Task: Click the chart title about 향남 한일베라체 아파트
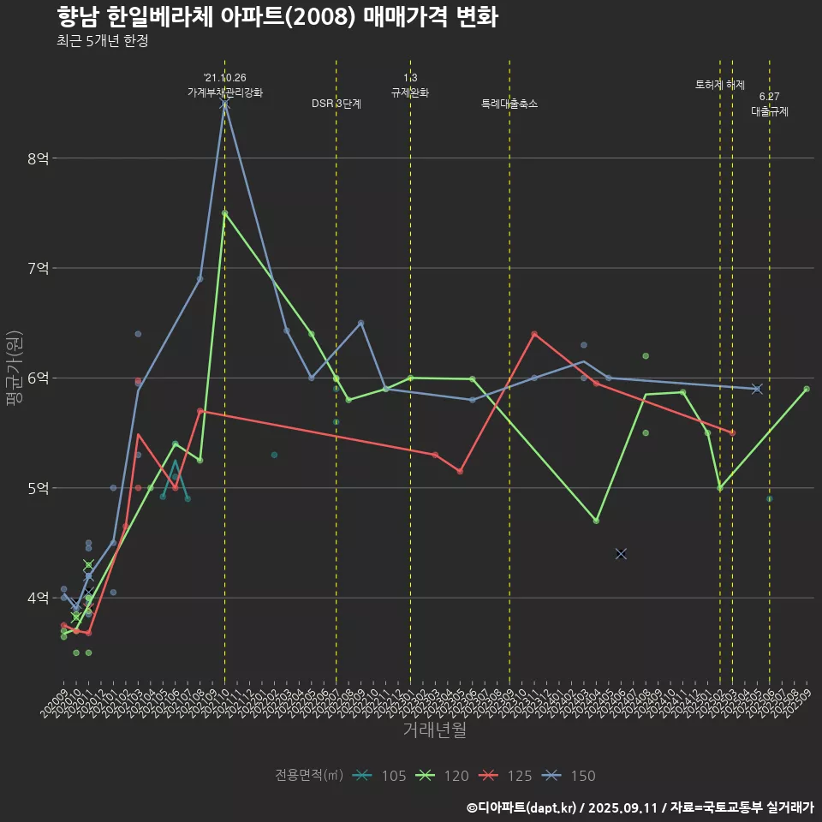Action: [x=277, y=17]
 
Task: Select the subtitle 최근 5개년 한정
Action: [x=103, y=41]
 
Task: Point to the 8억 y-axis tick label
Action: [x=38, y=158]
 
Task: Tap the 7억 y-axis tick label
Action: [x=38, y=268]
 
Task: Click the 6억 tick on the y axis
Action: [x=38, y=378]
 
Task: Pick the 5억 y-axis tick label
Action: [x=38, y=488]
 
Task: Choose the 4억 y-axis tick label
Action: [x=38, y=598]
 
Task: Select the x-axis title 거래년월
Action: [x=434, y=730]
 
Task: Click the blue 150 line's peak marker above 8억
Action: [x=224, y=104]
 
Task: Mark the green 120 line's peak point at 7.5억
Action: [x=224, y=213]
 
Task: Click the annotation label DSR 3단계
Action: [x=337, y=104]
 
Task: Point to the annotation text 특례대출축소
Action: [x=509, y=104]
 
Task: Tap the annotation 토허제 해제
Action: [x=720, y=85]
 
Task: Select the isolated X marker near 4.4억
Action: [x=621, y=554]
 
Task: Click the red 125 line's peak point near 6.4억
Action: [x=534, y=334]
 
